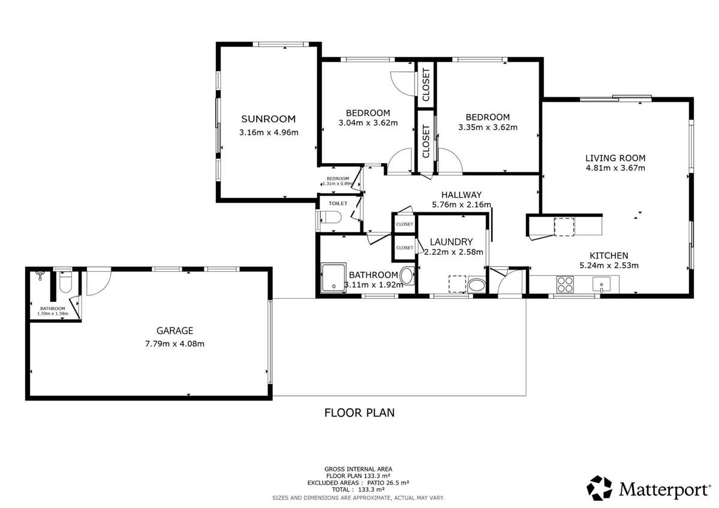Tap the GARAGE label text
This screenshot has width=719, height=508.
175,330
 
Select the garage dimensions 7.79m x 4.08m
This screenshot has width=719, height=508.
175,344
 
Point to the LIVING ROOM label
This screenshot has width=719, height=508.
615,158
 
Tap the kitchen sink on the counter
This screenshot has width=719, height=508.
600,283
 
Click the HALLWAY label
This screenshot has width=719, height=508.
461,195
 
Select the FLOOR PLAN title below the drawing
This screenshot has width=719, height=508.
359,413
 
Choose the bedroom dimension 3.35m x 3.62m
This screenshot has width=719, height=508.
488,127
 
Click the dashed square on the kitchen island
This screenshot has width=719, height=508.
564,227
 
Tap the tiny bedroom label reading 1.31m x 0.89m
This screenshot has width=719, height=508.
337,184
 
